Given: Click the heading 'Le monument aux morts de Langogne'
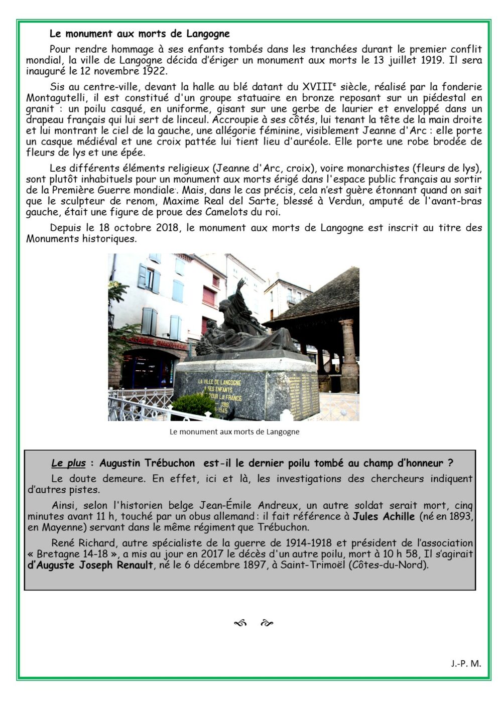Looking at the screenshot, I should coord(140,34).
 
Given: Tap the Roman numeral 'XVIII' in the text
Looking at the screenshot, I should coord(317,86).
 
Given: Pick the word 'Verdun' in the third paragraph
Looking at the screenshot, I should coord(346,201).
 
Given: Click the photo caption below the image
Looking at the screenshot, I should coord(234,432).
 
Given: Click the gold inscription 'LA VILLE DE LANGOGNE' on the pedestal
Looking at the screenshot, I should coord(219,382).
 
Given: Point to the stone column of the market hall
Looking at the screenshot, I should coord(348,356).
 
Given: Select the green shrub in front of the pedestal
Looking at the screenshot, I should coord(193,404).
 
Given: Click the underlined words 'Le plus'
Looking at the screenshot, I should coord(68,463).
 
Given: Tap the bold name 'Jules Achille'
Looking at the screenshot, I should coord(384,516).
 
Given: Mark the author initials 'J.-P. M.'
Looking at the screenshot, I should coord(465,663).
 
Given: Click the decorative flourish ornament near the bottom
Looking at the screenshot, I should coord(254,623).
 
